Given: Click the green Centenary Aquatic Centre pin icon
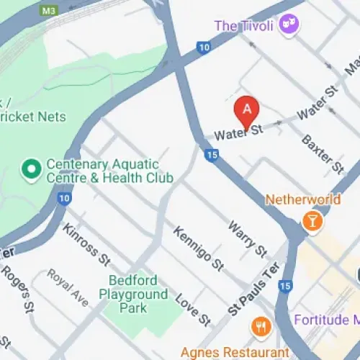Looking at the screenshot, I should [31, 170].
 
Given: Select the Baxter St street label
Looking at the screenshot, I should [321, 154].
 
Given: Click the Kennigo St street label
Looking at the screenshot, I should [198, 249].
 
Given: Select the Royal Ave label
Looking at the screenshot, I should [68, 287].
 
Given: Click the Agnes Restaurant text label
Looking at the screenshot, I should [246, 352].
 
